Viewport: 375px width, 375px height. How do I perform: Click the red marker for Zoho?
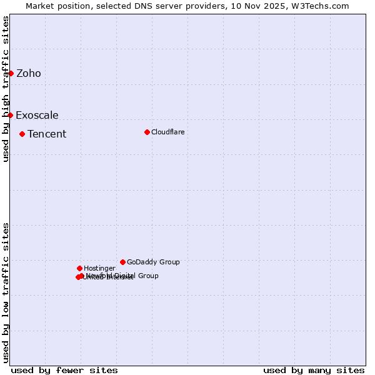(11, 73)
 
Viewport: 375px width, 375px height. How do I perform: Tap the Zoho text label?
(29, 74)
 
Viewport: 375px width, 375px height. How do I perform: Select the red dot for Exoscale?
(10, 115)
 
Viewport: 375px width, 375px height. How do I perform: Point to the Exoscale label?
(37, 116)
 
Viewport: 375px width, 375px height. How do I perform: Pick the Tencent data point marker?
(22, 134)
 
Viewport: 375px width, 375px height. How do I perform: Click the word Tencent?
(47, 134)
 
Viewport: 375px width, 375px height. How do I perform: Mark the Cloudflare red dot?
(147, 132)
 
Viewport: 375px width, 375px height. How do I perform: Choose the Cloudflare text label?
(167, 132)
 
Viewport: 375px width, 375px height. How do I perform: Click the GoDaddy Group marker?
(122, 262)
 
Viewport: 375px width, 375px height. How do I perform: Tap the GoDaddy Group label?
(153, 262)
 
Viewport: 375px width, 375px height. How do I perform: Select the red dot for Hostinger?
(79, 268)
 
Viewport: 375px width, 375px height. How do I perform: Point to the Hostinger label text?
(99, 269)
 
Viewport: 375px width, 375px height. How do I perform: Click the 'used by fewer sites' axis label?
(64, 370)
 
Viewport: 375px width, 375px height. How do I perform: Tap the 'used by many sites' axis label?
(314, 370)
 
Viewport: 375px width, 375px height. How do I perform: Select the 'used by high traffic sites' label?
(6, 89)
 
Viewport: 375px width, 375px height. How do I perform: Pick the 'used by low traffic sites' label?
(6, 292)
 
